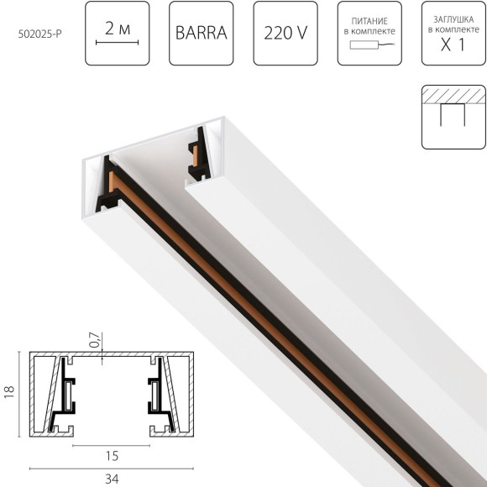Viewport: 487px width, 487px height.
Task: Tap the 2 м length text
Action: click(x=118, y=27)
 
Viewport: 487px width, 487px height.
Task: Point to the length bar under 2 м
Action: click(x=118, y=40)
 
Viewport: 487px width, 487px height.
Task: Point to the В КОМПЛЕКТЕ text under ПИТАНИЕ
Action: click(x=368, y=31)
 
